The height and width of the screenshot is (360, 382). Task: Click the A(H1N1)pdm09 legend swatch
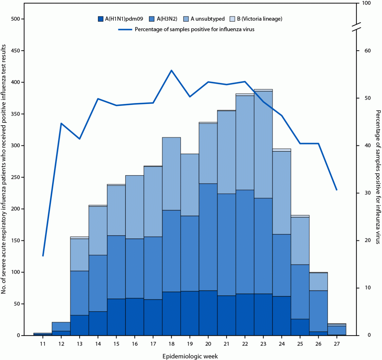[x=101, y=19]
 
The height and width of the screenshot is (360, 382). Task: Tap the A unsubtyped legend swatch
[x=186, y=19]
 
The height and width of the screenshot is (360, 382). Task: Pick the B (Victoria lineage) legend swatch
[x=232, y=19]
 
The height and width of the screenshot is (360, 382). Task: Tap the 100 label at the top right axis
[x=367, y=3]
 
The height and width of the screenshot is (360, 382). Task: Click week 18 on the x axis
[x=171, y=344]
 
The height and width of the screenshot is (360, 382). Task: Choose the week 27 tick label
[x=337, y=344]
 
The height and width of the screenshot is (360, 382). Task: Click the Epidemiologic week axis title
[x=190, y=356]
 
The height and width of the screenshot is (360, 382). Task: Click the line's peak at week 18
[x=171, y=70]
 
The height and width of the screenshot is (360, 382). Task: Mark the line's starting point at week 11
[x=43, y=256]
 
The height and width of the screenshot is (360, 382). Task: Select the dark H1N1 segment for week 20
[x=208, y=313]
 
